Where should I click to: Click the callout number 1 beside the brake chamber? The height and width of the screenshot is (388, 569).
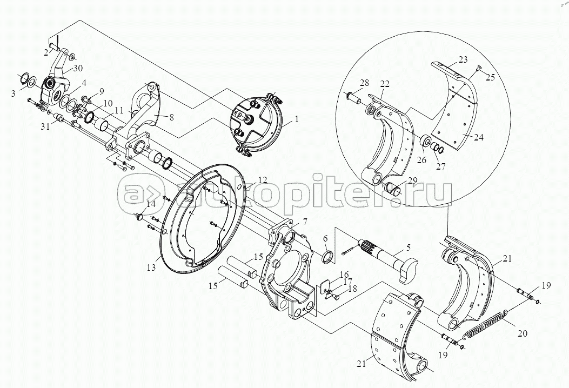(x=297, y=119)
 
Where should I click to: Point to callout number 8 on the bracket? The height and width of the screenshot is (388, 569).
(x=172, y=117)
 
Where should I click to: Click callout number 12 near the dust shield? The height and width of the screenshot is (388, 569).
(x=263, y=180)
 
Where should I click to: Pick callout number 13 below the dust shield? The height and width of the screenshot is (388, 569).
(x=151, y=267)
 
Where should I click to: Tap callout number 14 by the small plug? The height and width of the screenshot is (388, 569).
(x=151, y=204)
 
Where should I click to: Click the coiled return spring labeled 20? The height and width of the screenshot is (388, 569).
(x=487, y=320)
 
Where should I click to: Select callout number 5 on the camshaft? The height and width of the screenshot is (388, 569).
(x=409, y=249)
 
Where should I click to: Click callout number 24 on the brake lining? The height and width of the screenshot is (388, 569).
(x=478, y=138)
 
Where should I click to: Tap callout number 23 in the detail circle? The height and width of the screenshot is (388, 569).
(x=463, y=59)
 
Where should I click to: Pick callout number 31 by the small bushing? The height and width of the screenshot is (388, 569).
(x=45, y=126)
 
